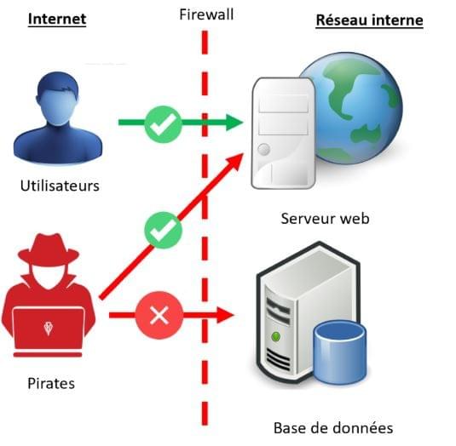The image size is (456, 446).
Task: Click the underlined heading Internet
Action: (x=57, y=20)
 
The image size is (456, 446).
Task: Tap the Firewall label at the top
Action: (x=206, y=14)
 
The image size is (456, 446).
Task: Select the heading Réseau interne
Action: (x=369, y=20)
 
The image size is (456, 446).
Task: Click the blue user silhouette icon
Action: (x=58, y=117)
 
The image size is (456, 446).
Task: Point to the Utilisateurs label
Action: (x=60, y=186)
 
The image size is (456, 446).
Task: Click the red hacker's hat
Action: (x=49, y=249)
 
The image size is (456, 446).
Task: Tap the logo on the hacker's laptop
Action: (x=49, y=329)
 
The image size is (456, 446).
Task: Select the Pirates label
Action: (x=51, y=383)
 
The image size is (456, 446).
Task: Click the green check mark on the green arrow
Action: (x=163, y=124)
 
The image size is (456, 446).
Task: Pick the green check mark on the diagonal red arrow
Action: (x=163, y=230)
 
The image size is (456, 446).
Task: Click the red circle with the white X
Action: (x=159, y=315)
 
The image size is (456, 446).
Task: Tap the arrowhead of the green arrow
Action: (x=234, y=123)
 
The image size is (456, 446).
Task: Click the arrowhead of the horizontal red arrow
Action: (x=225, y=315)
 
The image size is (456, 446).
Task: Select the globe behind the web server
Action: (x=359, y=107)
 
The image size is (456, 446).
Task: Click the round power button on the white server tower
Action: (x=263, y=149)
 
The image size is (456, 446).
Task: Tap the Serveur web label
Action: (x=325, y=219)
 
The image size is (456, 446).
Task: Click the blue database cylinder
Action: (x=340, y=352)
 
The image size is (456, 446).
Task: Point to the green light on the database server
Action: (x=275, y=337)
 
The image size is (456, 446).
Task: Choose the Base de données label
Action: (x=333, y=428)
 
